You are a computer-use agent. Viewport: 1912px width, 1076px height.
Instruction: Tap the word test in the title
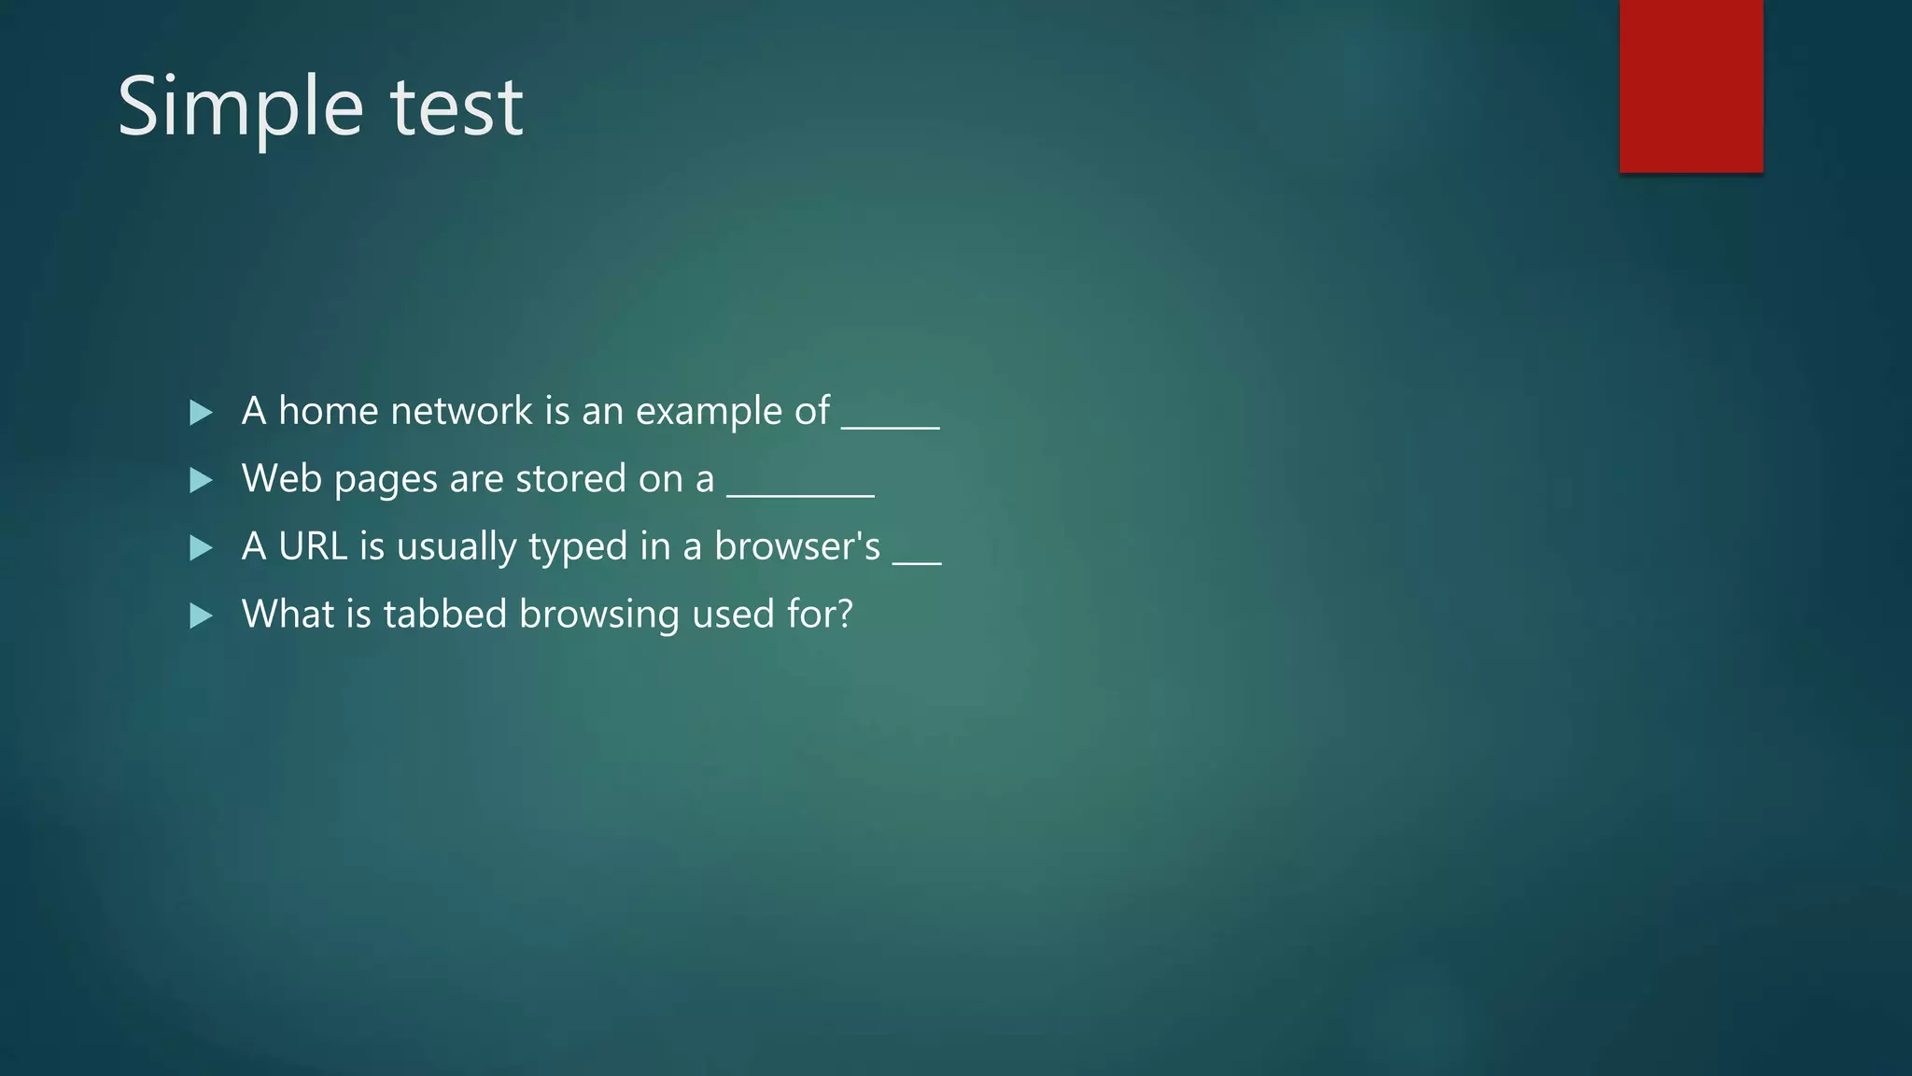pos(457,108)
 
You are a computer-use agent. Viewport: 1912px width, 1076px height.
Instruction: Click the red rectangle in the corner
pos(1691,86)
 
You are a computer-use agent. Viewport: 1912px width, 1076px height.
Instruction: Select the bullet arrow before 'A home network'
pos(201,413)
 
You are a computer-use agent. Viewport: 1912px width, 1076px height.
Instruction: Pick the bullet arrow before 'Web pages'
pos(201,480)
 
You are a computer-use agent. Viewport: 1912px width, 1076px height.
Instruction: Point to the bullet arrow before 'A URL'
pos(201,547)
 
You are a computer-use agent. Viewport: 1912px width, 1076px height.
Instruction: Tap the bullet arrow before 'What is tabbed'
pos(201,616)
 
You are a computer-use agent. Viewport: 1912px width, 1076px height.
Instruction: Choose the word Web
pos(281,478)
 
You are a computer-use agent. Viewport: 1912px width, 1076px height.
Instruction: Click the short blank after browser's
pos(917,562)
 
